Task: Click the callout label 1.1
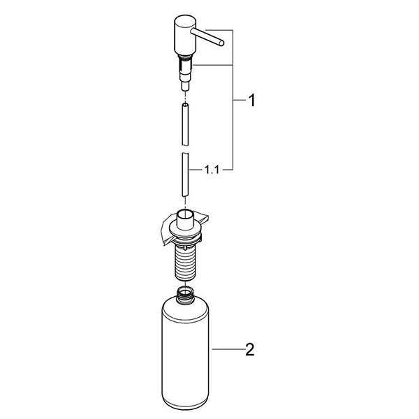(212, 168)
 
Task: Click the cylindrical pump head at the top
(181, 38)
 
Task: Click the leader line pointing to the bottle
(227, 349)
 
